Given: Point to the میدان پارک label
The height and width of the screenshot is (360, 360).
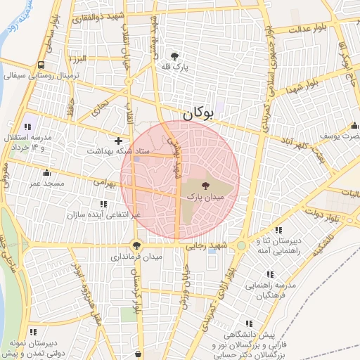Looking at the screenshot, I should [205, 199].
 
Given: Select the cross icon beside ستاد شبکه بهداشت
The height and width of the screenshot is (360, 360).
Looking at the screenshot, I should [118, 141].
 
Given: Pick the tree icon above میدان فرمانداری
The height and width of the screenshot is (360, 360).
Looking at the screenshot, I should [136, 246].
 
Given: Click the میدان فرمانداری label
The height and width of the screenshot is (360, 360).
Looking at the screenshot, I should [136, 257].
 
